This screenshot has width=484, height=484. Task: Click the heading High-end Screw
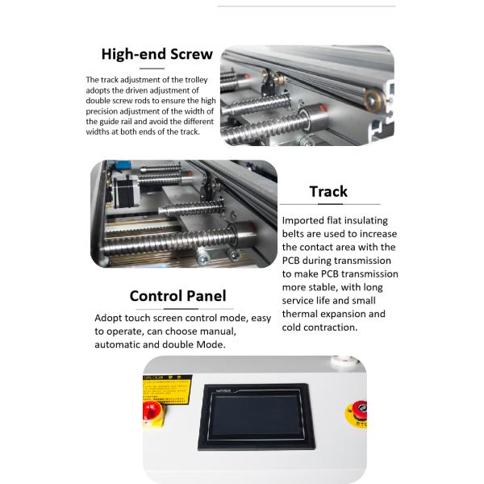tap(156, 55)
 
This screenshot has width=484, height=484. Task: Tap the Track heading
tap(328, 191)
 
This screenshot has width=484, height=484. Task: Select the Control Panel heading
tap(177, 296)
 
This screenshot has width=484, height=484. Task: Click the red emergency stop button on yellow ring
tap(354, 411)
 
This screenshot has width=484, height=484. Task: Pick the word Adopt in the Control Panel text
tap(109, 318)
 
